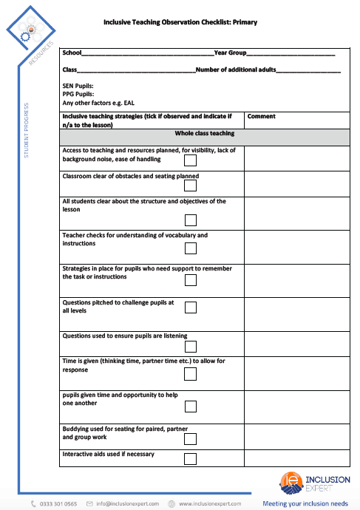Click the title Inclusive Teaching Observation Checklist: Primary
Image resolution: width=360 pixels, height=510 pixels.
(180, 23)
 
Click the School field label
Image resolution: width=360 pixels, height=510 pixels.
(72, 53)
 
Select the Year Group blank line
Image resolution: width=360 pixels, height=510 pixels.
(291, 54)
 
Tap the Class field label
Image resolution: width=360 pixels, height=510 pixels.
(70, 69)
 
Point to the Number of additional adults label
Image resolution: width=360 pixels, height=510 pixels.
(236, 69)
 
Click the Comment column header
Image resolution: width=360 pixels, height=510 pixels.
(261, 116)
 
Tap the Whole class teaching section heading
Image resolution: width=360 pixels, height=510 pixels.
(204, 134)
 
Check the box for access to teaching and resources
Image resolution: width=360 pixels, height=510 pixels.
(190, 160)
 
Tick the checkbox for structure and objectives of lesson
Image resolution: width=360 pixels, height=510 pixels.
(190, 219)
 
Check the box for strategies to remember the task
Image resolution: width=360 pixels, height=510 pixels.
(190, 280)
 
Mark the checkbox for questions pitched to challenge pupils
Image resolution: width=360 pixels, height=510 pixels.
(190, 307)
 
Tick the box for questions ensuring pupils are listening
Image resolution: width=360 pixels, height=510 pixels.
(190, 346)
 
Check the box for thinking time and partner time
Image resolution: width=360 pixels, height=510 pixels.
(190, 373)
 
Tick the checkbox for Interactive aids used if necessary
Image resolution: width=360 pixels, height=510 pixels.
(190, 458)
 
